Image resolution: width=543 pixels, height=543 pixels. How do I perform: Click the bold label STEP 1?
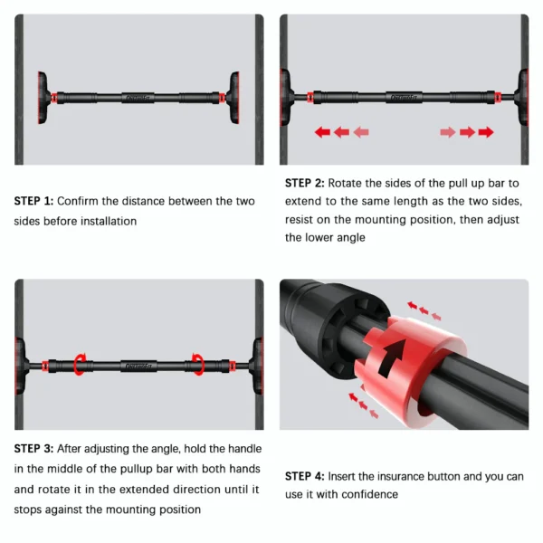click(34, 201)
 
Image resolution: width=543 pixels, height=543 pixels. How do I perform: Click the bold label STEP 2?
click(305, 182)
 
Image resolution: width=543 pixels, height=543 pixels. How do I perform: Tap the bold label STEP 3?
click(34, 448)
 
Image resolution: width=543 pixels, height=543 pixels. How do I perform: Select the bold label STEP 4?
click(305, 476)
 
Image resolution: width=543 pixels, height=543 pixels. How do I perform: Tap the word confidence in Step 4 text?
click(368, 494)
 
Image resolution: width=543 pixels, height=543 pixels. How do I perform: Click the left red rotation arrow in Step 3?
click(81, 364)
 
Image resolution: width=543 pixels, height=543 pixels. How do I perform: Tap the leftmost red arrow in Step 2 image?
click(322, 132)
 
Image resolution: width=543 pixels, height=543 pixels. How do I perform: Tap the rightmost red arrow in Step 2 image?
click(486, 132)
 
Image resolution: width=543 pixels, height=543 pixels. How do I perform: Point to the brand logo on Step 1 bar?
click(138, 95)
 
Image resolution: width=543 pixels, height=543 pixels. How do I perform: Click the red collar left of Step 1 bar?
click(56, 95)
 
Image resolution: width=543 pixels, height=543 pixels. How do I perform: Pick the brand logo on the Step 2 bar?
click(403, 95)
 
